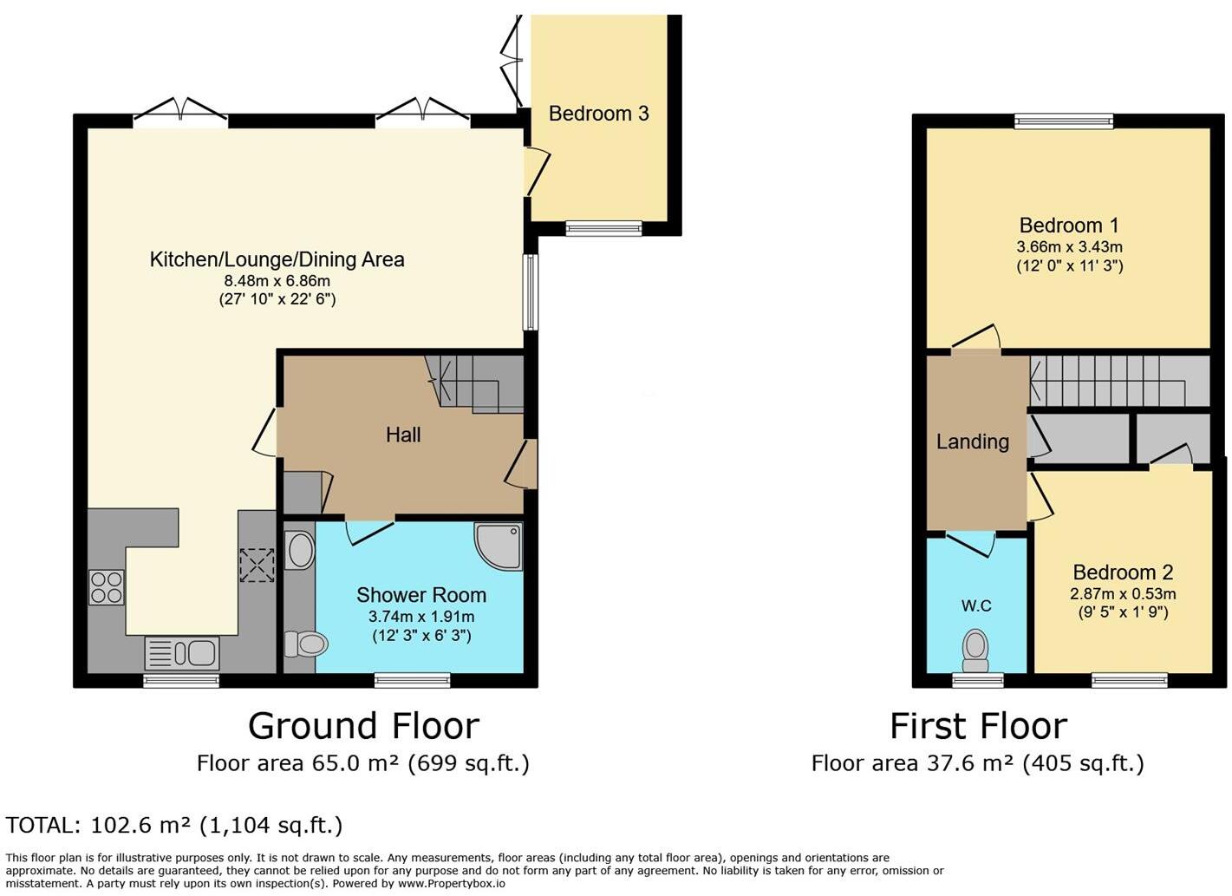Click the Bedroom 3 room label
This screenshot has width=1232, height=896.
pos(598,114)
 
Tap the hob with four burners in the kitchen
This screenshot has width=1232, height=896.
pos(106,587)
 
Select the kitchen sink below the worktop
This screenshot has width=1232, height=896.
pos(181,652)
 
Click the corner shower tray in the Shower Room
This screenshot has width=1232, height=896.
pos(499,546)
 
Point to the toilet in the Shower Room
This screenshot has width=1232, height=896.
pos(306,644)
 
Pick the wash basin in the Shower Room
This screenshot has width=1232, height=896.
pos(300,551)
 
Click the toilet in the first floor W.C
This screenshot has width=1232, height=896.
pos(975,650)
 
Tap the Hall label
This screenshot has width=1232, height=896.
pos(403,435)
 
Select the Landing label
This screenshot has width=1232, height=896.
pos(972,441)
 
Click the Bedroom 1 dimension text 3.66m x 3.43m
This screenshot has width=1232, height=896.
pos(1069,247)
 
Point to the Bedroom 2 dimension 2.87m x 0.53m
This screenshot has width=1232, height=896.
pos(1122,594)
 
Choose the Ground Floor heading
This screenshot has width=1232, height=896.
pos(363,725)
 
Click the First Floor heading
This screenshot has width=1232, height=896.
pos(978,725)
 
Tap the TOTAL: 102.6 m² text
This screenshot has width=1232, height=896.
pos(174,825)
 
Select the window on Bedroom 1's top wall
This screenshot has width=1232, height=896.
pos(1063,121)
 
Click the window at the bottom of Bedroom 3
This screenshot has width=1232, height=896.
pos(603,228)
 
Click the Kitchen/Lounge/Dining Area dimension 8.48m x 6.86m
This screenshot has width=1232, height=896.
pos(277,281)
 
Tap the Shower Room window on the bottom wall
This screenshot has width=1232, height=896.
pos(412,680)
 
